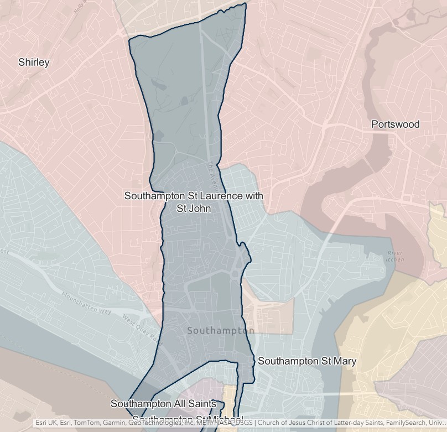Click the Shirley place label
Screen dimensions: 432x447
click(x=34, y=62)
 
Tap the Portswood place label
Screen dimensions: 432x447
click(x=395, y=124)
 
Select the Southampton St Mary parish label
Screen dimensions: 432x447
click(x=307, y=361)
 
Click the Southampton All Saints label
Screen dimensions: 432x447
click(x=163, y=404)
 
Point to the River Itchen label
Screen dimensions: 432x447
click(x=395, y=257)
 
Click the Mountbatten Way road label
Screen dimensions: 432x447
click(x=86, y=303)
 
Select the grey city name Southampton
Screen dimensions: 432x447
click(x=221, y=331)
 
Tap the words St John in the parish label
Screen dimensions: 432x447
click(x=194, y=209)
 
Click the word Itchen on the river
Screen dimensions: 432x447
click(x=395, y=260)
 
